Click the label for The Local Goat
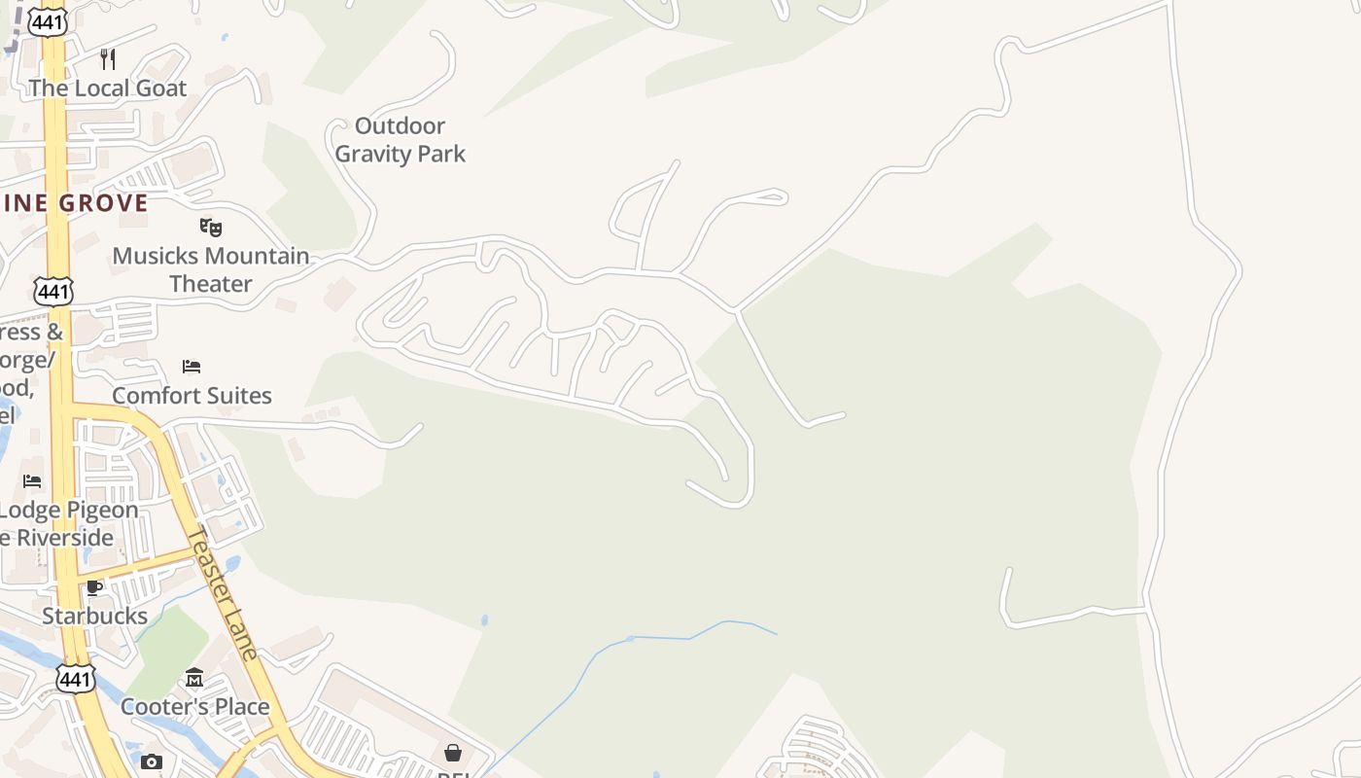click(107, 88)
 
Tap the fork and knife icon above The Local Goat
click(108, 59)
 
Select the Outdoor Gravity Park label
click(400, 140)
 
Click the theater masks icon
click(211, 228)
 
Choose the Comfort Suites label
click(192, 396)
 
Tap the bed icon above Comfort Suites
click(192, 367)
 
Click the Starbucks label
click(94, 617)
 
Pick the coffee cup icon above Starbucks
click(94, 587)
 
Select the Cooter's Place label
click(194, 707)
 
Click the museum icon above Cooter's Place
click(194, 677)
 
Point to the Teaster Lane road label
click(224, 593)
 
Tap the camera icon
click(151, 761)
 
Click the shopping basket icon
click(453, 753)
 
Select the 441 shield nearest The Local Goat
click(47, 22)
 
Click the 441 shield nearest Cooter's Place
click(75, 679)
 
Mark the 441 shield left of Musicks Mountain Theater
click(52, 290)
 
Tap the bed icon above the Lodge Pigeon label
click(32, 480)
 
